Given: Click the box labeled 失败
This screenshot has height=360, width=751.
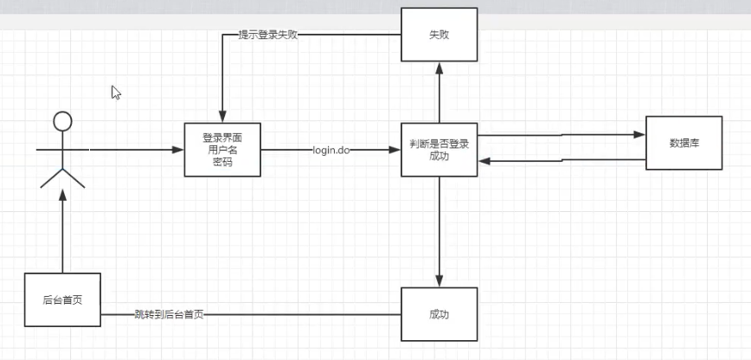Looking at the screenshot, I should (x=440, y=35).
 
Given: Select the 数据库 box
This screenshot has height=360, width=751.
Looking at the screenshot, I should (x=684, y=143).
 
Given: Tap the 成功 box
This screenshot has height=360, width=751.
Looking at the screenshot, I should (x=440, y=313).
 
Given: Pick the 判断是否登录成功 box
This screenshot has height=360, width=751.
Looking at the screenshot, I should (x=440, y=150).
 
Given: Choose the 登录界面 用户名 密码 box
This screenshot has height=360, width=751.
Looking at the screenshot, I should (x=222, y=149).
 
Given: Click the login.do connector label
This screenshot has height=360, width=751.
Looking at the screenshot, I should (x=331, y=150).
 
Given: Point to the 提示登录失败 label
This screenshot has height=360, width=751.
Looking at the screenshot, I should (x=268, y=35).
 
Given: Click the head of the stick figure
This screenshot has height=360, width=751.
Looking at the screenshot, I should (x=61, y=122).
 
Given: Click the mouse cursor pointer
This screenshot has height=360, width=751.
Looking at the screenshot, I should (x=115, y=92).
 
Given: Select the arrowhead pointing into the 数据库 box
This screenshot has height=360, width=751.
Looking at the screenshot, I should (x=640, y=134).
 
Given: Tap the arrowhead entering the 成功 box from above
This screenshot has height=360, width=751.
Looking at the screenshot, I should (x=440, y=281).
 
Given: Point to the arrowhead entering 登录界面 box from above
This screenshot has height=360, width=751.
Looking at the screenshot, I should (x=222, y=118).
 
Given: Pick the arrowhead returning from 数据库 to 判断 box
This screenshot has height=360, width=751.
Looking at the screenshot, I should (x=484, y=161).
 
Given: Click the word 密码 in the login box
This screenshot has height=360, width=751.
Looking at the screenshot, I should (x=222, y=162).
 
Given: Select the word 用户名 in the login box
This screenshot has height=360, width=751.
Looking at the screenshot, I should (x=222, y=150).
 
